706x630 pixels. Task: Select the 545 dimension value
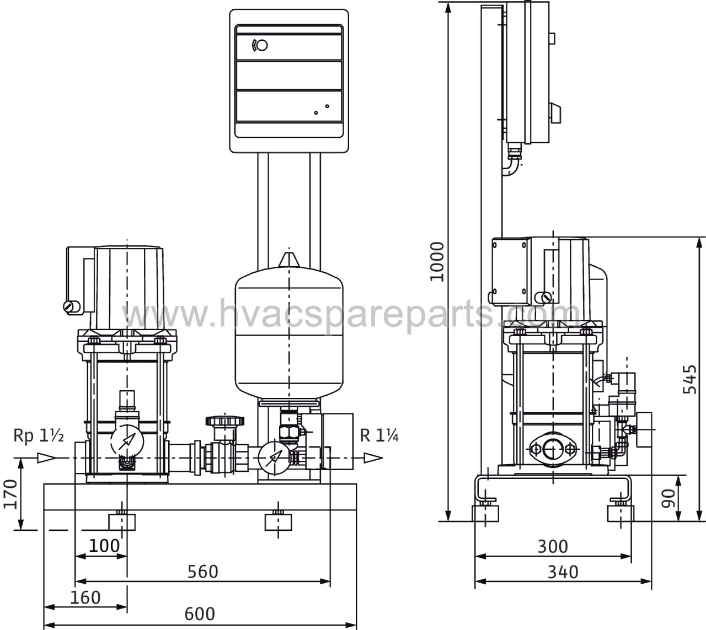(x=689, y=380)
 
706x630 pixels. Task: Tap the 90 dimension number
(x=668, y=499)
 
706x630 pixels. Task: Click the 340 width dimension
(x=563, y=572)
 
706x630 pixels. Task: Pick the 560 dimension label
(x=203, y=572)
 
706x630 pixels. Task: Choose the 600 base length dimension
(x=200, y=614)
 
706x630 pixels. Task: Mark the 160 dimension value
(x=85, y=598)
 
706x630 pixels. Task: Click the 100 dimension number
(x=104, y=546)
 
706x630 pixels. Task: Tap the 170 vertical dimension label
(x=10, y=494)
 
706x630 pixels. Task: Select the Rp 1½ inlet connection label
(x=39, y=435)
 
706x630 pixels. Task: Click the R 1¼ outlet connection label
(x=379, y=435)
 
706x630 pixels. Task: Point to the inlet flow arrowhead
(x=47, y=458)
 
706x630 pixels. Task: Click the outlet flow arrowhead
(x=373, y=458)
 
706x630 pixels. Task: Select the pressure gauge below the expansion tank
(x=275, y=458)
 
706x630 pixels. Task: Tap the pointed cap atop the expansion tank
(x=288, y=260)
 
